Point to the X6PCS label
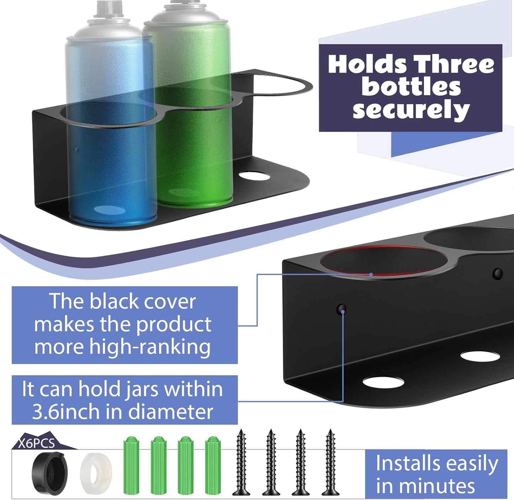click(x=37, y=443)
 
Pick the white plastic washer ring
click(x=96, y=471)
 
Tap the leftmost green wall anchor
click(x=131, y=466)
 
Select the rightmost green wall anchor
click(x=213, y=466)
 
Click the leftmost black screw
click(x=241, y=462)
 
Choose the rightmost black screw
click(x=330, y=462)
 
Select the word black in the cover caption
click(x=111, y=302)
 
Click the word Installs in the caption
click(x=407, y=463)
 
